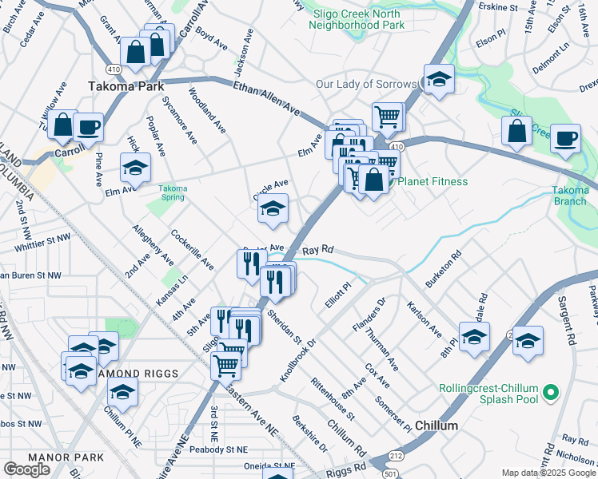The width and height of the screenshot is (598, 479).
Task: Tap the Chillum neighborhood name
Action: click(437, 426)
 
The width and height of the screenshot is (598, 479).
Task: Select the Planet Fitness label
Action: click(433, 182)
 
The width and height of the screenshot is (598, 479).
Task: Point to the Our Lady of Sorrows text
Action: click(366, 84)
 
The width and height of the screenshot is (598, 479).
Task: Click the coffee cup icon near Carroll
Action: click(88, 126)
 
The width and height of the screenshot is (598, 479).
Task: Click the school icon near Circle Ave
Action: click(273, 210)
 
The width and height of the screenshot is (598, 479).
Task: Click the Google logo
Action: click(26, 469)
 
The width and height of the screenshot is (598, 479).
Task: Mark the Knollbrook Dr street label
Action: click(298, 340)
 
